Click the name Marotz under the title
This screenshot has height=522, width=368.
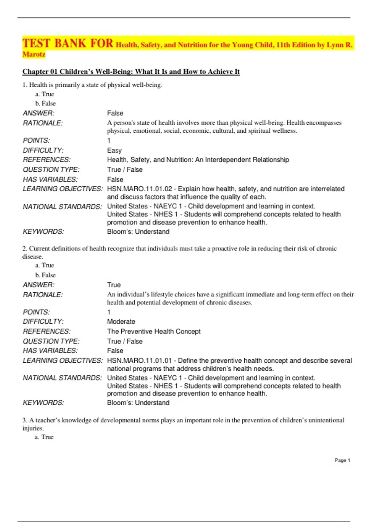34,54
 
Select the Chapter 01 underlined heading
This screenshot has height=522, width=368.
131,72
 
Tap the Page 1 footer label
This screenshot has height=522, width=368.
342,460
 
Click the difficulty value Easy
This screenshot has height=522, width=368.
114,150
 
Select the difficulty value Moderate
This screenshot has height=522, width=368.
121,321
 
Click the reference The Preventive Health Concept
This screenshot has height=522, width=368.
154,331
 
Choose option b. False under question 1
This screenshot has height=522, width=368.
45,103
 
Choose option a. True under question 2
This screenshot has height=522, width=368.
44,265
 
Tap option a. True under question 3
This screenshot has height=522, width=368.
44,437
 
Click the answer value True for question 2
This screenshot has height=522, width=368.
114,285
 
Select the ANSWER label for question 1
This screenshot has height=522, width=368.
38,113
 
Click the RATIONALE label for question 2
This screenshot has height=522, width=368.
43,295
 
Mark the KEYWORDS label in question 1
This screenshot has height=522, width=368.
43,232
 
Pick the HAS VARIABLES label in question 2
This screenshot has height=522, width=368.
50,351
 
